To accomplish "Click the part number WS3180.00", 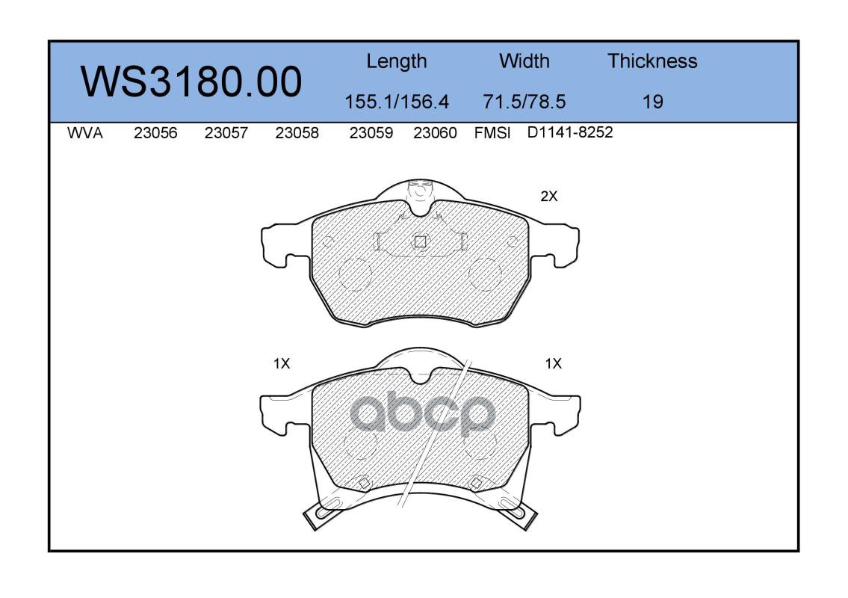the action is click(x=191, y=81).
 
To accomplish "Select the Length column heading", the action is click(x=397, y=62).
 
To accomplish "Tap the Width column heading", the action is click(x=524, y=61).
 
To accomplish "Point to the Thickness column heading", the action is click(x=652, y=61).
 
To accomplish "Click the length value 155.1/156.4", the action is click(x=397, y=102).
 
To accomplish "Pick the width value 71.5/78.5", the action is click(x=524, y=102).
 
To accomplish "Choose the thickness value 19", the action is click(x=653, y=102).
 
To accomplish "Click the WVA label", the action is click(x=85, y=133).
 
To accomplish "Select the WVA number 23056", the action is click(x=155, y=133).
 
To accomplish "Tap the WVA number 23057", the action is click(x=226, y=133).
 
